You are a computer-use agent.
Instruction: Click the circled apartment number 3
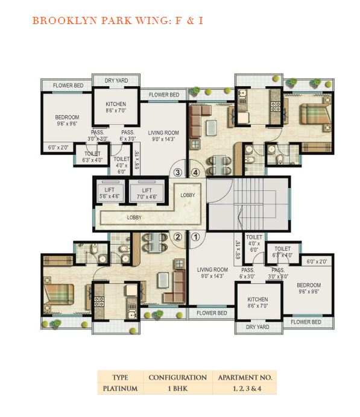177,172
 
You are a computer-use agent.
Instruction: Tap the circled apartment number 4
195,172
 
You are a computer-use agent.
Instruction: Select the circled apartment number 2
178,237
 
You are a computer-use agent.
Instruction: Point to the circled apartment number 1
196,237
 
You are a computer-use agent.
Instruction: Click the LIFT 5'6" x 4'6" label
109,193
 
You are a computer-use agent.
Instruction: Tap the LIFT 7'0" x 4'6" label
147,193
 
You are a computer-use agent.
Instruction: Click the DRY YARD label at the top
116,80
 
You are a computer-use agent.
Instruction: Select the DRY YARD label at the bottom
257,327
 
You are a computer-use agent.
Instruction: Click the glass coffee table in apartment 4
211,128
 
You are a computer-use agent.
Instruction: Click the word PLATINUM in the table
120,389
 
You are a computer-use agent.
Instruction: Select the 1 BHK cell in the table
178,389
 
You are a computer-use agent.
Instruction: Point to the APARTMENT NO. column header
245,378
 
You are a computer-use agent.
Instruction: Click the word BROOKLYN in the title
65,20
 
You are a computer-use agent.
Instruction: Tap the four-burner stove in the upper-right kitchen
275,107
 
